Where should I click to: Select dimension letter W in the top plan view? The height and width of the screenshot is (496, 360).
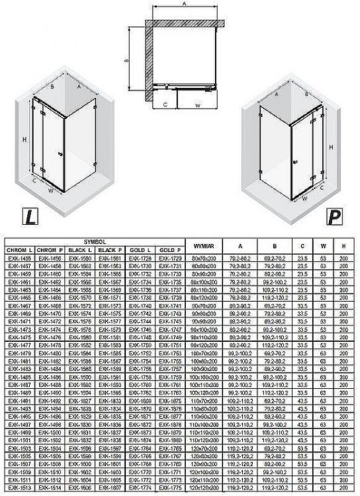[x=198, y=104]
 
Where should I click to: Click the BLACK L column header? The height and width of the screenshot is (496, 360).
[x=79, y=251]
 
